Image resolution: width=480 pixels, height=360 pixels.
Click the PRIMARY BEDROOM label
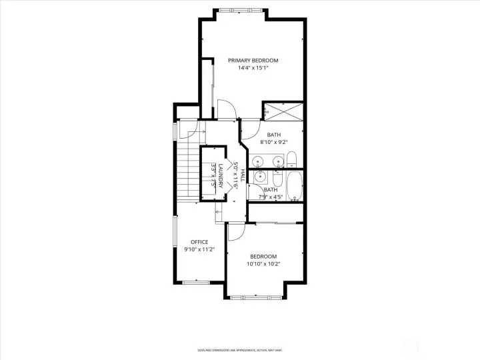point(253,60)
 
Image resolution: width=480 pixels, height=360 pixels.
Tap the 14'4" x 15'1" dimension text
point(253,67)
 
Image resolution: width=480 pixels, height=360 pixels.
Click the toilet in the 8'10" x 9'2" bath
point(291,159)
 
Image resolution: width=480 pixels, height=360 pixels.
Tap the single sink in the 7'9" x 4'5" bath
point(260,177)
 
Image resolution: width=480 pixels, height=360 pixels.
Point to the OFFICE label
point(199,242)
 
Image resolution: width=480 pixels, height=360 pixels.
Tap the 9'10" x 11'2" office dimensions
point(199,249)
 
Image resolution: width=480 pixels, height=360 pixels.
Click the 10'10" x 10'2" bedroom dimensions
point(263,264)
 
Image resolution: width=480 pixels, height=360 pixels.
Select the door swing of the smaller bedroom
point(235,231)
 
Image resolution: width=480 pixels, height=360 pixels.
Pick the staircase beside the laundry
point(188,171)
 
